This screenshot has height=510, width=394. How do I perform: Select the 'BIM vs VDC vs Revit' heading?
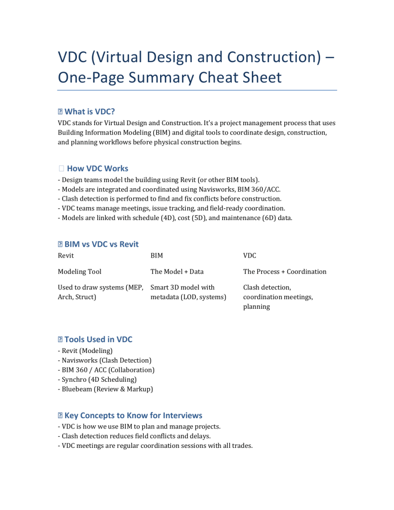pyautogui.click(x=101, y=244)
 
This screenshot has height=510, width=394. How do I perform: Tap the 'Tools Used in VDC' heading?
pyautogui.click(x=98, y=339)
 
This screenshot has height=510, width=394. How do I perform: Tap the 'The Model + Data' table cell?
pyautogui.click(x=177, y=272)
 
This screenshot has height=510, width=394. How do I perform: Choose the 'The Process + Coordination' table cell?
pyautogui.click(x=285, y=272)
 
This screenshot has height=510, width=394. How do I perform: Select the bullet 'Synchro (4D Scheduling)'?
pyautogui.click(x=97, y=379)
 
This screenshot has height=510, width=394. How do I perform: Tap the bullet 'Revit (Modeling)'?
pyautogui.click(x=85, y=351)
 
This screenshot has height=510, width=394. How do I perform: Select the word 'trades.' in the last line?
pyautogui.click(x=240, y=446)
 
